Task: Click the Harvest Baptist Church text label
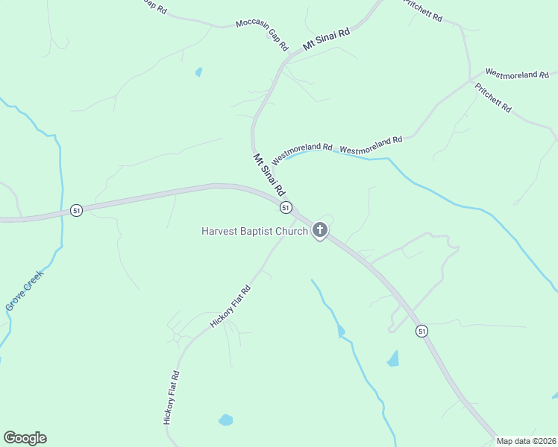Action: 254,231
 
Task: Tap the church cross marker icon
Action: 320,230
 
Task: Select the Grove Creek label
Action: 25,290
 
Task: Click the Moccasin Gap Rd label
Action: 262,34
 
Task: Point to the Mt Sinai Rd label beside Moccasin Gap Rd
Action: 326,39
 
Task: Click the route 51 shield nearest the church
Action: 286,207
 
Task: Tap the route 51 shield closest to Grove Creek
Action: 76,210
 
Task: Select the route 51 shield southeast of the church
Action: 422,331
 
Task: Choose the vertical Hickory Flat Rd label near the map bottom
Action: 170,398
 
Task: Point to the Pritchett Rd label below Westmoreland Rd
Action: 493,97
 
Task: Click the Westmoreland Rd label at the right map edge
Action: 517,74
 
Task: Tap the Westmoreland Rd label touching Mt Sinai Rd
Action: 301,153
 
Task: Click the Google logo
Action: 25,438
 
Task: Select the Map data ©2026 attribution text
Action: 526,441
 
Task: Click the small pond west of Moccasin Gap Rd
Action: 198,72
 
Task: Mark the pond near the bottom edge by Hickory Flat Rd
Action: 225,420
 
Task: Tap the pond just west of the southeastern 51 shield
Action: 393,359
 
